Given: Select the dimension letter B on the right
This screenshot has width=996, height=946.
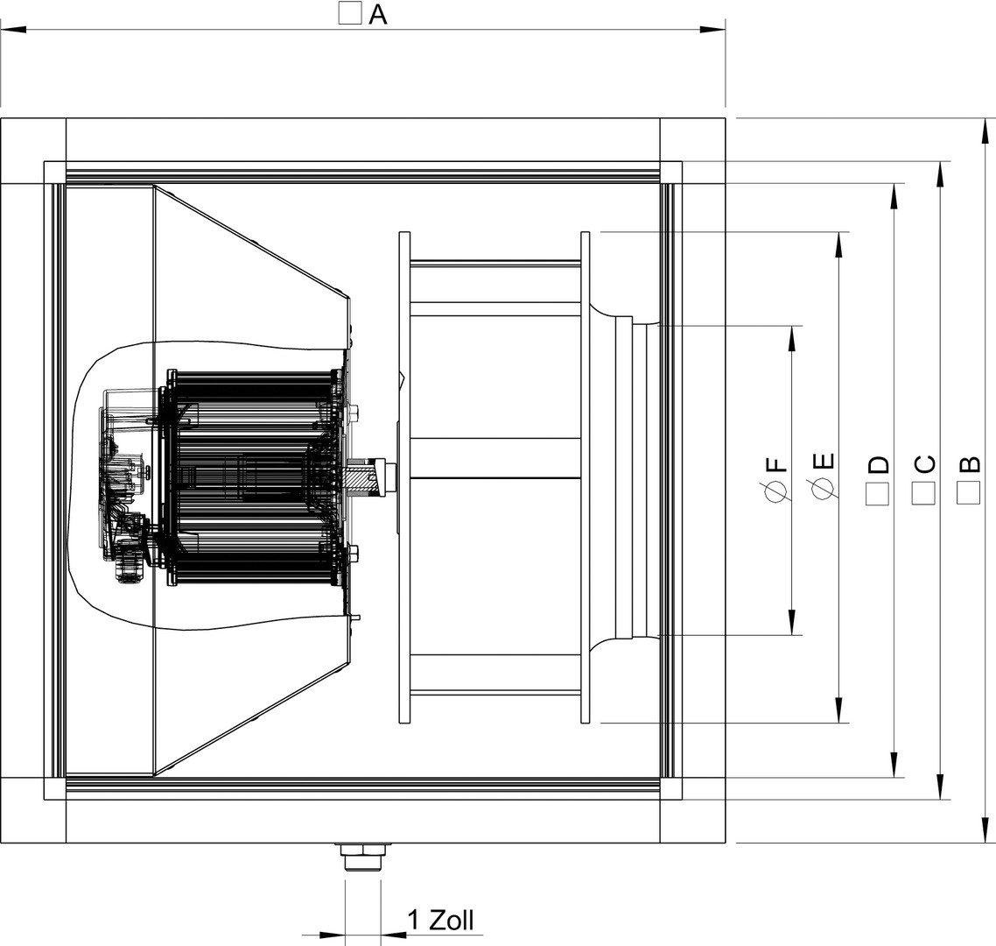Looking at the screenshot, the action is tap(969, 464).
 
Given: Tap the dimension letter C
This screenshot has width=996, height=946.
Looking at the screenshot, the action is tap(923, 464).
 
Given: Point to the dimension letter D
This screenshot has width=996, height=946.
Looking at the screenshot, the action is tap(878, 464).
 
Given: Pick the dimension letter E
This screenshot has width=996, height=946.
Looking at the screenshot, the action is tap(824, 462).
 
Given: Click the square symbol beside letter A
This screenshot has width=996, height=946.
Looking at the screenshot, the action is tap(350, 13).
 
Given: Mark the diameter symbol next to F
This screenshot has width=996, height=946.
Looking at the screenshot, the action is tap(777, 491).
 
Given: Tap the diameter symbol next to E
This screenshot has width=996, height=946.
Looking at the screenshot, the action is tap(824, 488).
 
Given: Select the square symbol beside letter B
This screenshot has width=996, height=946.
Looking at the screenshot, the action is tap(969, 493).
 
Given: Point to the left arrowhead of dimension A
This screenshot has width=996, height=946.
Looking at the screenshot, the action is tap(13, 29).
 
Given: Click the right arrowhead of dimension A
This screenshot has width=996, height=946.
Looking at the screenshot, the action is tap(712, 29).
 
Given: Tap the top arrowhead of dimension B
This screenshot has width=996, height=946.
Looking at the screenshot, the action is tap(985, 131).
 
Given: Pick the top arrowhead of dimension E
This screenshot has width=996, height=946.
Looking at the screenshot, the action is tap(838, 244).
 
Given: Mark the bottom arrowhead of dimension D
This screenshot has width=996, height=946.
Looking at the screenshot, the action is tap(894, 764).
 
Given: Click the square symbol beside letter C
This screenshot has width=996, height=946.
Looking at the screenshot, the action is tap(923, 493).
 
